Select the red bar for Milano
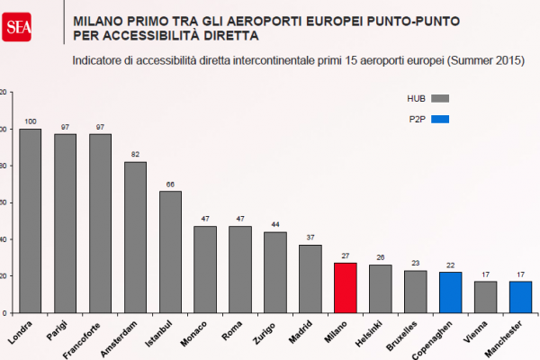click(346, 287)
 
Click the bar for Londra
click(30, 220)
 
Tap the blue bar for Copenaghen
click(451, 292)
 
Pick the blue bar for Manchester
click(521, 296)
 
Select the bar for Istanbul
click(170, 251)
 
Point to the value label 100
click(30, 121)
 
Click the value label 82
click(135, 155)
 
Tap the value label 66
click(170, 184)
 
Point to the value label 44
click(275, 225)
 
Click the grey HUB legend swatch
click(440, 98)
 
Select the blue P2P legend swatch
click(440, 119)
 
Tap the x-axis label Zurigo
click(271, 331)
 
